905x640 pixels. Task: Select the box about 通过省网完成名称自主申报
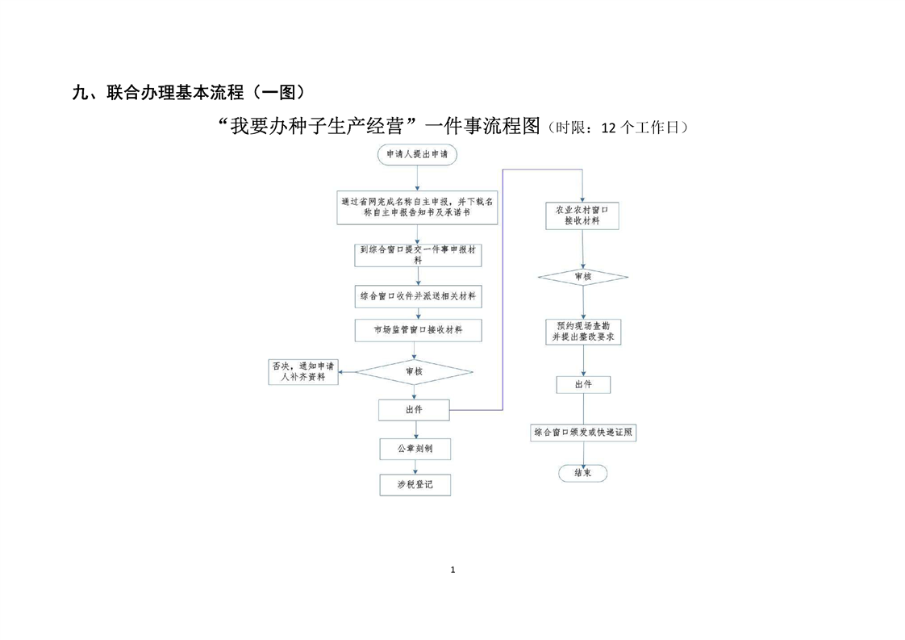pos(417,208)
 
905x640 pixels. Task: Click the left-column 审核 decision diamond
pos(415,371)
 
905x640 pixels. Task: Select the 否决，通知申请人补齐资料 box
pos(303,371)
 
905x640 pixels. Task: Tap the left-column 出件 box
pos(414,410)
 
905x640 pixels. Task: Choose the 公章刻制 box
pos(414,448)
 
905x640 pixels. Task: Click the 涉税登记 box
pos(415,484)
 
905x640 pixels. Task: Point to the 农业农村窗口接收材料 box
pos(582,215)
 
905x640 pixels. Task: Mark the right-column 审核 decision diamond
pos(582,277)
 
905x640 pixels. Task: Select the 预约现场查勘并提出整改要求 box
pos(582,332)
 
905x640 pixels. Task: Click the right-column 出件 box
pos(582,384)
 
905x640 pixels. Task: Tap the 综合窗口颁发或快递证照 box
pos(583,433)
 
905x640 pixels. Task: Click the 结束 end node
pos(582,473)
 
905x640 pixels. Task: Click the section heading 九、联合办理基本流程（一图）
pos(189,92)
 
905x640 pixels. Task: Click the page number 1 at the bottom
pos(452,570)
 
